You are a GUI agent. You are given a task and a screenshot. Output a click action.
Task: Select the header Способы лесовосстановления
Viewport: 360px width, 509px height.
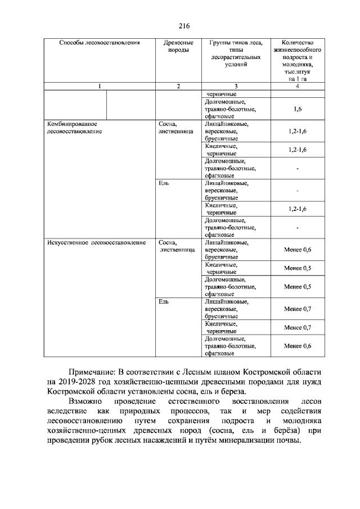pos(100,43)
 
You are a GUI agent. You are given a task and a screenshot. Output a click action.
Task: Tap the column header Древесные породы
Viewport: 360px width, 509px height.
pos(178,46)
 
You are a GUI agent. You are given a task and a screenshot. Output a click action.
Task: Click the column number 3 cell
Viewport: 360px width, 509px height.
pos(235,86)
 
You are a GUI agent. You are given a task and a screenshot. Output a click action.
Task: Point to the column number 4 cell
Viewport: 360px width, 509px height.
pos(297,86)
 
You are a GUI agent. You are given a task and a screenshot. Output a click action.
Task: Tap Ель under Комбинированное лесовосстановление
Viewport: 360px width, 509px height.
pos(164,183)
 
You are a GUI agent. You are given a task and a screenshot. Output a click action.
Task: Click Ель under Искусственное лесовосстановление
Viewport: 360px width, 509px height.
pos(164,302)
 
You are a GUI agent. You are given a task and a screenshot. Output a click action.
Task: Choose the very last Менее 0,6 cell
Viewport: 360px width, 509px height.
pos(297,346)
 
